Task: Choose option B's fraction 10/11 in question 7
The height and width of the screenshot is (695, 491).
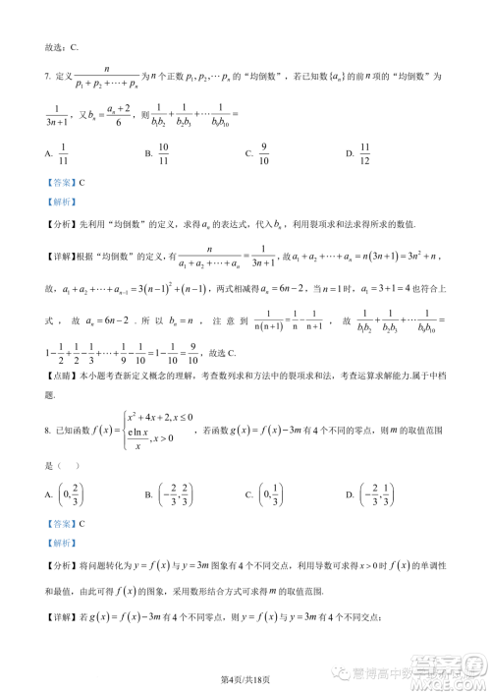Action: (163, 153)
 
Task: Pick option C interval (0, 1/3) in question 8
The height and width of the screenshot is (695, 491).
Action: (277, 499)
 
